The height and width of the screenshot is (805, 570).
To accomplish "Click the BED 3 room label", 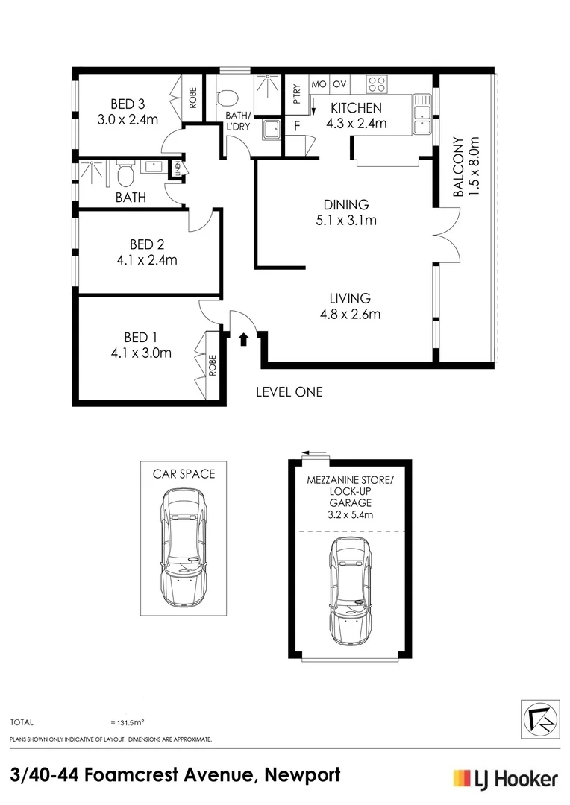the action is pos(128,104).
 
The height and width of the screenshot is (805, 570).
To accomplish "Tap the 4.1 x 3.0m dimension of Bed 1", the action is pos(141,353).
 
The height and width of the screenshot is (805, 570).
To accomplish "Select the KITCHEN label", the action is pos(356,108).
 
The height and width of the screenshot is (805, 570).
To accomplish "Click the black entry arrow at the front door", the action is pos(243,339).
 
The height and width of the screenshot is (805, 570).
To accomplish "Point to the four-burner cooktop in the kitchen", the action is pos(376,84).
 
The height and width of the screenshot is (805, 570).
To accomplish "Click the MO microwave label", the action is pos(319,84).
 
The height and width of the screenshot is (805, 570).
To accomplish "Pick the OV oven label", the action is pos(339,84).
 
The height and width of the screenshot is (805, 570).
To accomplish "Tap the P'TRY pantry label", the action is pos(297,94).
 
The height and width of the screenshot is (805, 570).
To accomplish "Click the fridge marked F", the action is pos(297,126).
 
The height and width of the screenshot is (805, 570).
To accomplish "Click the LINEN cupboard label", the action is pos(178,168).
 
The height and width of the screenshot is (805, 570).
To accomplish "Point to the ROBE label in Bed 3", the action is pos(192,98).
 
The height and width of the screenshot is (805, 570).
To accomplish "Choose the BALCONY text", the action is pos(459,167).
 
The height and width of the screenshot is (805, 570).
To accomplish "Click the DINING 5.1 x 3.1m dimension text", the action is pos(346,221).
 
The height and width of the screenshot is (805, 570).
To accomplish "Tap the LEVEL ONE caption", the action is pos(289,392).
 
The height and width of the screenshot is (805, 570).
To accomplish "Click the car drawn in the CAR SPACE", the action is pos(184,547).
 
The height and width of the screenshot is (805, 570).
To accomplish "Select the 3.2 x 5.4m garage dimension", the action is pos(351,514).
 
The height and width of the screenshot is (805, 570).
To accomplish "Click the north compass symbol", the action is pos(540,719).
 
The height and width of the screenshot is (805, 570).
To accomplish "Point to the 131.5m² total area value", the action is pos(127,722).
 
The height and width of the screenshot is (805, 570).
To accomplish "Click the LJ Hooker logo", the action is pos(505,779).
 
